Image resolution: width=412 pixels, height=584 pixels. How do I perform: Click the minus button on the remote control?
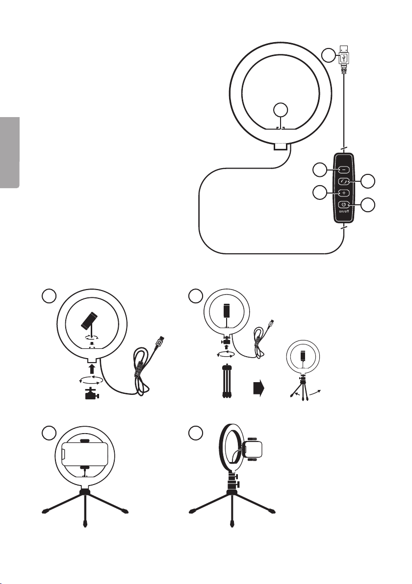tap(343, 170)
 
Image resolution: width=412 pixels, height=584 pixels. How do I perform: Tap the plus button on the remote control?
tap(343, 193)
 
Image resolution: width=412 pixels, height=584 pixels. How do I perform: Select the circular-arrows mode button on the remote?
tap(343, 181)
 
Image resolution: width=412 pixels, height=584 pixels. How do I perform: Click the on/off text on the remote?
tap(344, 212)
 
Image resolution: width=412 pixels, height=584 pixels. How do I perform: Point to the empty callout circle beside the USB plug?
tap(329, 55)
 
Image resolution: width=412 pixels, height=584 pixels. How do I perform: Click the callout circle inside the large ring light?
tap(281, 110)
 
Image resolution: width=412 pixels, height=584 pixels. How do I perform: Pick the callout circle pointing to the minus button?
tap(319, 170)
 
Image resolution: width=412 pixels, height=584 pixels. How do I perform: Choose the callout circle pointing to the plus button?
tap(319, 193)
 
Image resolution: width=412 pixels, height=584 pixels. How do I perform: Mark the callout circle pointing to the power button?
tap(368, 204)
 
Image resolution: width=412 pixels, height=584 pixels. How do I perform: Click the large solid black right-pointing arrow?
tap(258, 389)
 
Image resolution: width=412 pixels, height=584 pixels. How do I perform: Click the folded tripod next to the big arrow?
tap(226, 382)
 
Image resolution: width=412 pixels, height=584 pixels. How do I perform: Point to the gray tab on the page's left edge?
tap(9, 153)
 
